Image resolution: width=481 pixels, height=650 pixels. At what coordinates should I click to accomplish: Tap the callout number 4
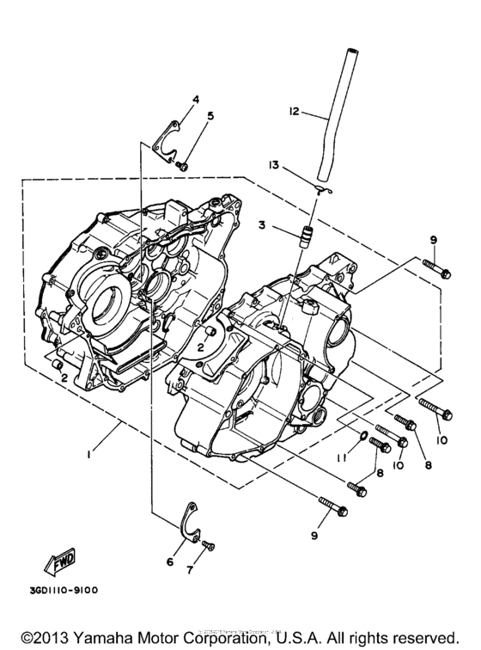[195, 100]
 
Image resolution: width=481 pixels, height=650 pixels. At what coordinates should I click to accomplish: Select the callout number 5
[210, 115]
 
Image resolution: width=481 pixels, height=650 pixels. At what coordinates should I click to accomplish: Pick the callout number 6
[169, 561]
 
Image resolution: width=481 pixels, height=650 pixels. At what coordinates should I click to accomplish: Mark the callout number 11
[341, 457]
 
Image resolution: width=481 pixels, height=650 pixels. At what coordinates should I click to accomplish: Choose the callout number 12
[294, 111]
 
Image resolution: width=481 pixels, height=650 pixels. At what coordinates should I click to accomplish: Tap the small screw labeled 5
[183, 163]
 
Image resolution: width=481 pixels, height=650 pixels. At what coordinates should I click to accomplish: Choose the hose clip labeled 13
[320, 190]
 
